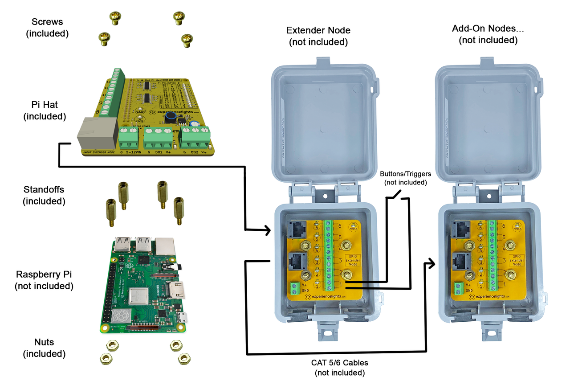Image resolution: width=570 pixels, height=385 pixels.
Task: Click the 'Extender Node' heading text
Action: [x=318, y=31]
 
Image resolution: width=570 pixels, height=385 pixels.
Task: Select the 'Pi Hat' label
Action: [x=45, y=105]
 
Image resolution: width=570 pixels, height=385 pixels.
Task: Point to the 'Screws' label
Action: [x=47, y=22]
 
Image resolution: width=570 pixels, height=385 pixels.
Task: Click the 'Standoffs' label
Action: [x=44, y=190]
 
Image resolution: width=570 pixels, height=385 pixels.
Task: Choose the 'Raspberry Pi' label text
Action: [x=44, y=274]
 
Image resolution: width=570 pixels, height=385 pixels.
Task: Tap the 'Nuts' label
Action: [x=44, y=342]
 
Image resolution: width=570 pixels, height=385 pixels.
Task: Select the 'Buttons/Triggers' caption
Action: [x=403, y=172]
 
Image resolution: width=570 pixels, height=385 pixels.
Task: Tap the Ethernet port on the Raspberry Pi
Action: [x=165, y=245]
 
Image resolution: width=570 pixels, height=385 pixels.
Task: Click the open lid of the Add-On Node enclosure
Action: [x=489, y=120]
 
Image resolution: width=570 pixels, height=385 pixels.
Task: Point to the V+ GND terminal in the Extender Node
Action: [x=295, y=289]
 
